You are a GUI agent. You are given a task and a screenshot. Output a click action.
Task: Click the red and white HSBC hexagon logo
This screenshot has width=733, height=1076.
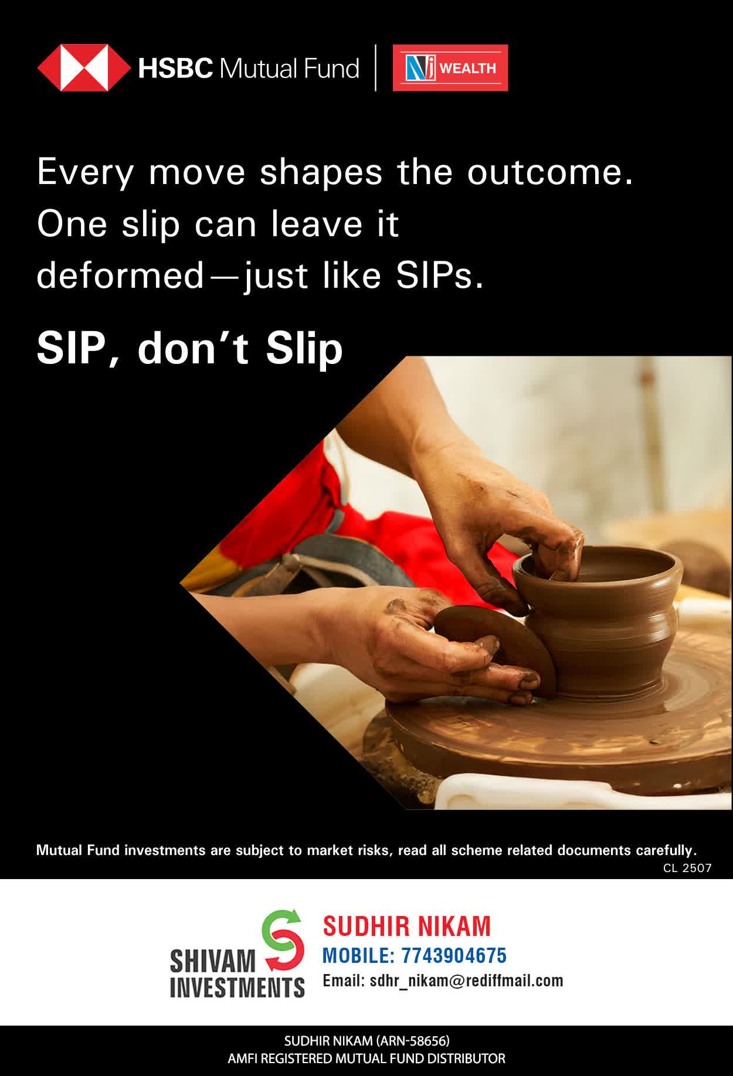click(x=83, y=68)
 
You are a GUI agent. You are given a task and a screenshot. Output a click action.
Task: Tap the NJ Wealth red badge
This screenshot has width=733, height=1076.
click(x=450, y=68)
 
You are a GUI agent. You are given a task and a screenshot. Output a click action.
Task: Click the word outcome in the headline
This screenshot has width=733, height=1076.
click(x=550, y=172)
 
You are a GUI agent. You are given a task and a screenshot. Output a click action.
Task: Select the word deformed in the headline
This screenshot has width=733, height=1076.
click(x=120, y=275)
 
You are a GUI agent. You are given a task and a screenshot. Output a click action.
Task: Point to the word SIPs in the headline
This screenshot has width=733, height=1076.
click(x=440, y=275)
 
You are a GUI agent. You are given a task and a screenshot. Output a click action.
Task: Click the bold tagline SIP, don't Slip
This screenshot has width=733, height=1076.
click(x=189, y=348)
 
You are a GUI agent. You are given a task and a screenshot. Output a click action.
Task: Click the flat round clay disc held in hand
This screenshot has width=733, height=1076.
click(x=496, y=648)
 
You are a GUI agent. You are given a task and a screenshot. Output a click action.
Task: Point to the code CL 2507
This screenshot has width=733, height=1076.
click(x=687, y=868)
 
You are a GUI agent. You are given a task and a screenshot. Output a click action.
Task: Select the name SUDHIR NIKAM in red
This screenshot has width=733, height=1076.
click(x=407, y=927)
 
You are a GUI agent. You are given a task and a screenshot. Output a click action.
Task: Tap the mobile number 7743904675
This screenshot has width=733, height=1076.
click(x=454, y=955)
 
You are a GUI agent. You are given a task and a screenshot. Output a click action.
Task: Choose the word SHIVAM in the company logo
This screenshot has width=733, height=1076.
click(x=213, y=961)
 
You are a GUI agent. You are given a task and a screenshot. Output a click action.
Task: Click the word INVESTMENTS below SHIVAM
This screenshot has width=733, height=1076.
click(x=237, y=986)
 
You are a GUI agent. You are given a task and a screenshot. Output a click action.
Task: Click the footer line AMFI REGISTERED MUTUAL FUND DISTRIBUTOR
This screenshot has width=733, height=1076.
click(x=366, y=1058)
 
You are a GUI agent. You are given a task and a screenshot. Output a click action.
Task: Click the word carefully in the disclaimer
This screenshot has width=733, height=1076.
click(x=666, y=850)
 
